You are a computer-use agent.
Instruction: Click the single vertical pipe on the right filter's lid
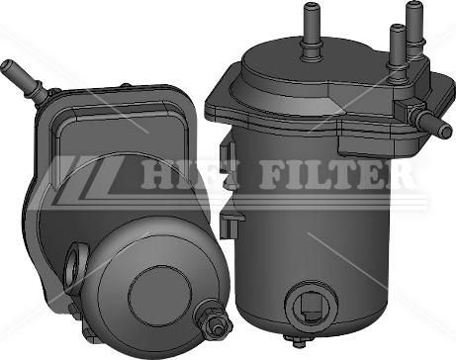coord(311,32)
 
